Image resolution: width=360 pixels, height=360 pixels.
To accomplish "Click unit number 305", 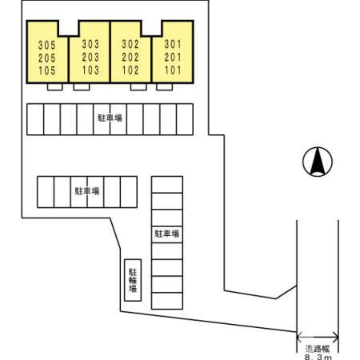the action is point(47,45).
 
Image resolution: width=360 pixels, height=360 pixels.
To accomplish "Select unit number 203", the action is point(90,57).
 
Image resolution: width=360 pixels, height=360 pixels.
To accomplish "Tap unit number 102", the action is point(130,70).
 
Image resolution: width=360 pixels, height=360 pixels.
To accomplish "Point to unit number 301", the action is point(173,44).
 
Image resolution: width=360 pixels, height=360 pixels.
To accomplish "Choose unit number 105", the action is point(47,70).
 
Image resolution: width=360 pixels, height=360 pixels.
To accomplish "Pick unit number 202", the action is point(130,57).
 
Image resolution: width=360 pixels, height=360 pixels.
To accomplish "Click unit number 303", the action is point(90,44).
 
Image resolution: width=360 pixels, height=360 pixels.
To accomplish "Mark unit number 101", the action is point(173,70).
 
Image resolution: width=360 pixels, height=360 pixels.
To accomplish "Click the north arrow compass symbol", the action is point(318,162).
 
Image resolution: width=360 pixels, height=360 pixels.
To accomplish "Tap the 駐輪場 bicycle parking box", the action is point(133,280).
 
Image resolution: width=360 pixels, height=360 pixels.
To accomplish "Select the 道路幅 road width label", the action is point(318,349).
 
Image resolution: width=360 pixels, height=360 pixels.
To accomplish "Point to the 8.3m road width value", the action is point(318,357).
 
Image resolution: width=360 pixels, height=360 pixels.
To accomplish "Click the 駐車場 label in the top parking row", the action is point(110,118).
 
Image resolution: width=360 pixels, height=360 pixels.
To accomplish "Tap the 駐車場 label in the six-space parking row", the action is point(87,191).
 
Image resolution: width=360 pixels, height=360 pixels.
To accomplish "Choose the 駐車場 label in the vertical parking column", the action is point(167,234).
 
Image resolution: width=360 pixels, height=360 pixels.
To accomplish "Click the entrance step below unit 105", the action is point(54,87).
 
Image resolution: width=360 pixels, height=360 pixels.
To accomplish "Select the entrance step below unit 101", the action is point(164,87).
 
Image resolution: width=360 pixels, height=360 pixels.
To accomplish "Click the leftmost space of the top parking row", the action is point(35,119).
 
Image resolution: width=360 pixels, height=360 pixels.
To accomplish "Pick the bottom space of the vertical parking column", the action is point(167,301).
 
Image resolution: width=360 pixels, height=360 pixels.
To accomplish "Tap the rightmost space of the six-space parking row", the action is point(129,192).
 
